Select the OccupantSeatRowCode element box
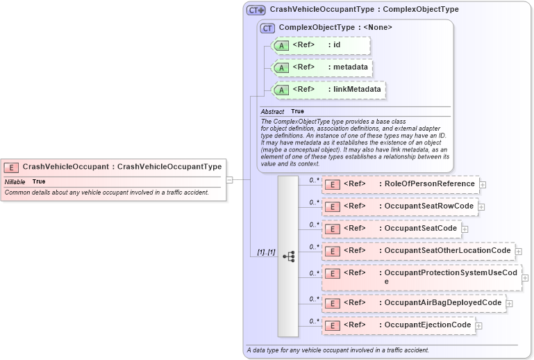pos(399,206)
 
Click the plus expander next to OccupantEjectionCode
pos(479,325)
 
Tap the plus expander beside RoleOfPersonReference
pos(483,185)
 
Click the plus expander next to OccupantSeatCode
pos(465,229)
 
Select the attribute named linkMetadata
pos(354,90)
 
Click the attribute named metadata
pos(348,67)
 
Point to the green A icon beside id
pos(281,46)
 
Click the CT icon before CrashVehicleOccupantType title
pos(256,10)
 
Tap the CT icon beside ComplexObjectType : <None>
pos(267,28)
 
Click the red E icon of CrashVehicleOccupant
pos(11,167)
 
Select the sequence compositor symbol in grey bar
pos(288,256)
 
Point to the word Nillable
pos(15,181)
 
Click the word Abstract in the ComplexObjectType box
pos(272,111)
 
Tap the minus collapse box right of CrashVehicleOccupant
pos(229,179)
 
